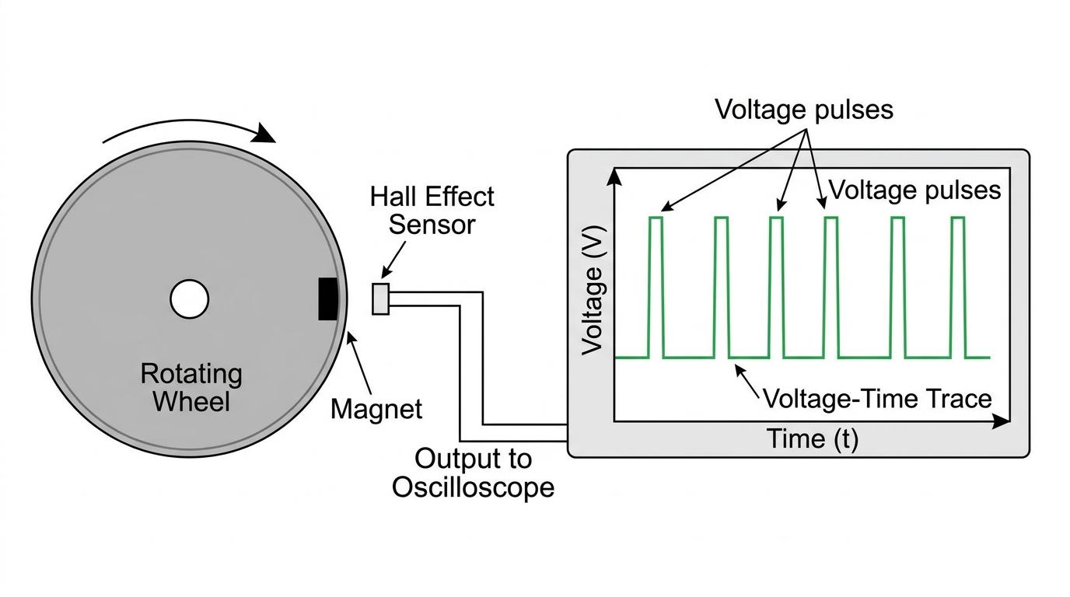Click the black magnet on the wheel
click(x=328, y=298)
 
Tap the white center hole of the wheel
click(x=190, y=299)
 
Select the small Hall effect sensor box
click(x=381, y=299)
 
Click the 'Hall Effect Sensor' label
click(x=432, y=211)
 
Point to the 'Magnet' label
click(x=376, y=409)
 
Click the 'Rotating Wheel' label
click(x=191, y=387)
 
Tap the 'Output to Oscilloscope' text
click(x=473, y=473)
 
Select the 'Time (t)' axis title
click(x=813, y=438)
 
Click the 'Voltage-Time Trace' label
click(x=877, y=398)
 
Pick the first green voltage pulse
click(x=656, y=287)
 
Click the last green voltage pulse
click(x=958, y=287)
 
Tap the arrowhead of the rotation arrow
click(x=264, y=133)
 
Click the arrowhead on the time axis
click(x=1002, y=421)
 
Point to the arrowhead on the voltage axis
click(x=614, y=176)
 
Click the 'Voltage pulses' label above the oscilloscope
click(x=804, y=110)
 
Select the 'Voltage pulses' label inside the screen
click(x=914, y=190)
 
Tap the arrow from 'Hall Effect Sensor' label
click(x=393, y=260)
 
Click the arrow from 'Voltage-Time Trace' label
click(x=747, y=381)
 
